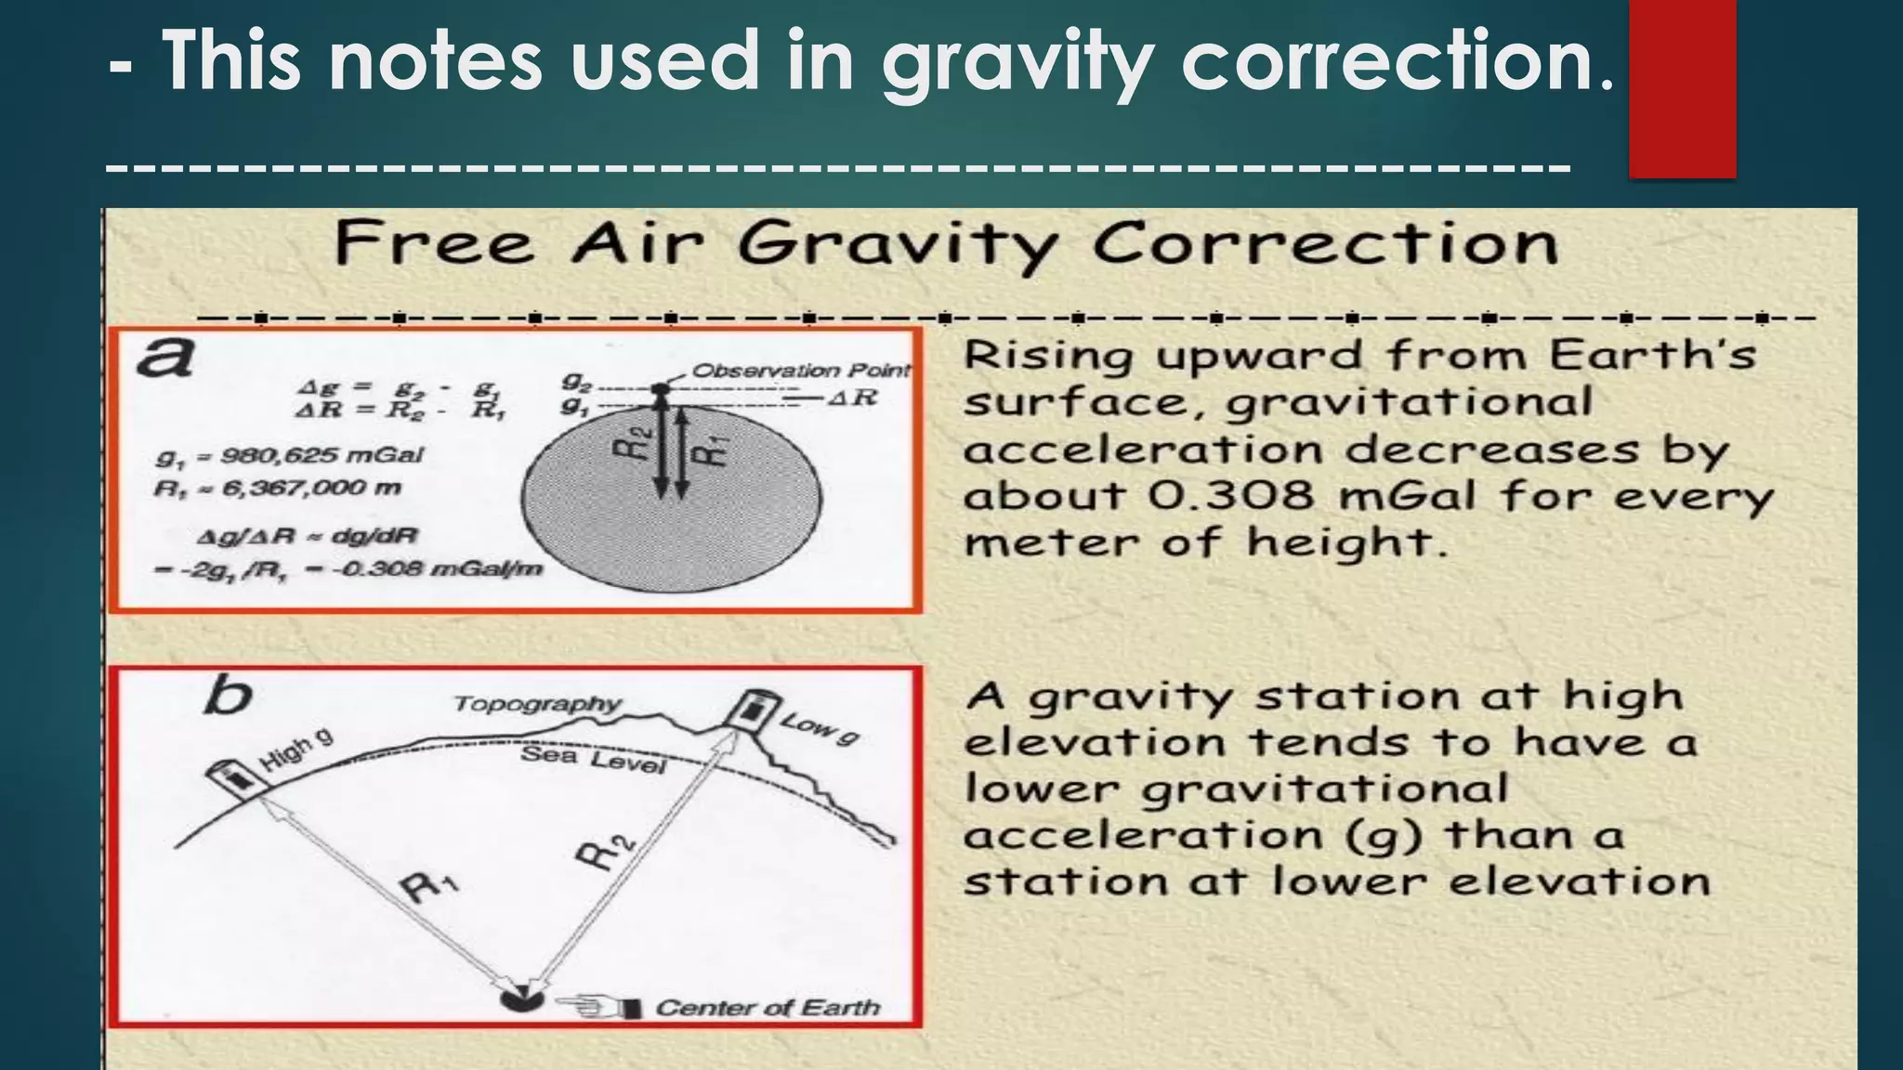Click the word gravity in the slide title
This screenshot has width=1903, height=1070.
[x=1017, y=61]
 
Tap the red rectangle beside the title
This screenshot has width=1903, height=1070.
[x=1682, y=88]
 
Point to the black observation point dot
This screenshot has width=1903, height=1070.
[x=660, y=389]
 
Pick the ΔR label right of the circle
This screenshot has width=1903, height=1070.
[x=852, y=398]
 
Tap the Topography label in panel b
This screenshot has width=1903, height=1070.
[x=537, y=704]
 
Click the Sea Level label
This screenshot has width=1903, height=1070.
[x=593, y=758]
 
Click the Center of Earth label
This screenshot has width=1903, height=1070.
[x=768, y=1008]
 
